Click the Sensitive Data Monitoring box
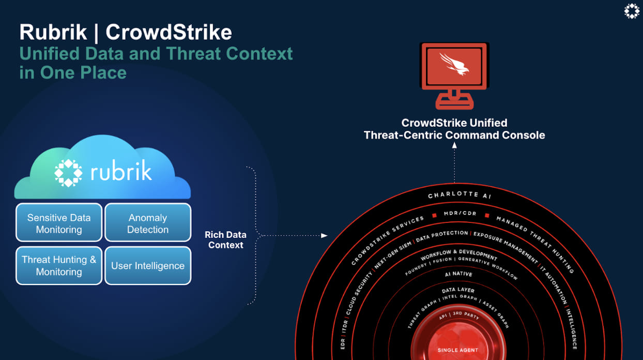[59, 222]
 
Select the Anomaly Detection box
[148, 222]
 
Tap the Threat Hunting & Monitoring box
[59, 266]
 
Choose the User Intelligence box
[148, 266]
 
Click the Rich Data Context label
[226, 240]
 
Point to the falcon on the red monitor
[454, 64]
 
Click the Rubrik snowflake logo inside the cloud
[68, 173]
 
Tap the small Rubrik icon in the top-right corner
[632, 11]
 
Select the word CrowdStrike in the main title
[169, 32]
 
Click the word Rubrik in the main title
[53, 32]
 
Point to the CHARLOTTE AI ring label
[460, 195]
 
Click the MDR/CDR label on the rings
[460, 214]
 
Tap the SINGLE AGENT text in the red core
[458, 350]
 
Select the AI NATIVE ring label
[458, 274]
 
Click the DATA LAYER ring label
[458, 290]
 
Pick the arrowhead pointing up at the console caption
[454, 145]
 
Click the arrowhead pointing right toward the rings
[325, 235]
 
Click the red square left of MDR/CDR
[434, 215]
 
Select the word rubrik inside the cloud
[121, 171]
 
